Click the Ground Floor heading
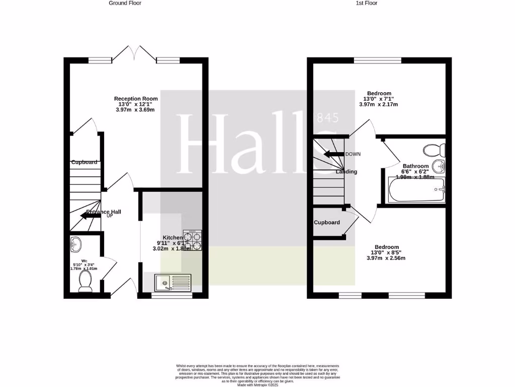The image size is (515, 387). (125, 3)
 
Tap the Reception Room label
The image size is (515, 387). (136, 99)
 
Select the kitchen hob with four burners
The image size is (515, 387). (192, 240)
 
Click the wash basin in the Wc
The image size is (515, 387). (76, 244)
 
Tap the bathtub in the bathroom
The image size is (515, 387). (416, 190)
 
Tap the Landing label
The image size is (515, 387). (347, 172)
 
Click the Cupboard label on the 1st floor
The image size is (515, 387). (327, 223)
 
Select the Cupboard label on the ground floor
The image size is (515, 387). (84, 162)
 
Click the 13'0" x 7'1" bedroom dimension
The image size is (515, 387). (379, 99)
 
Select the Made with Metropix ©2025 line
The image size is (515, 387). (257, 385)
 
